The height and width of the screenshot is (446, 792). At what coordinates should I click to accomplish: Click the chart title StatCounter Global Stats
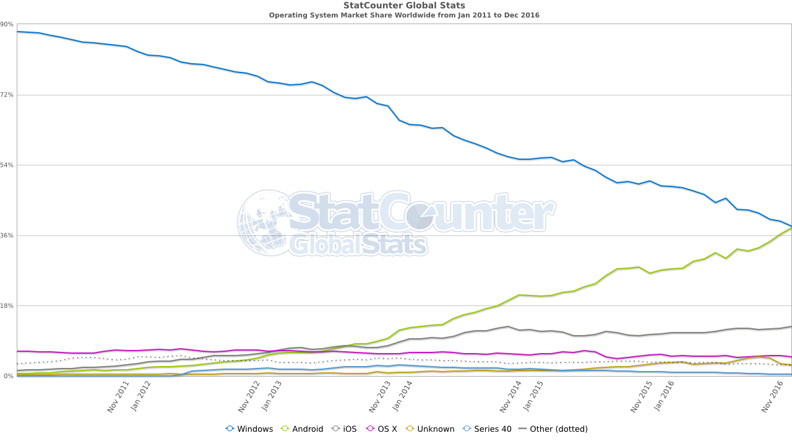point(404,6)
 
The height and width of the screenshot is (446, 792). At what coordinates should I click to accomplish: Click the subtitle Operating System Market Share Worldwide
point(404,15)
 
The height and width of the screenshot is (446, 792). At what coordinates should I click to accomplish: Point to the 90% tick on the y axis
point(7,24)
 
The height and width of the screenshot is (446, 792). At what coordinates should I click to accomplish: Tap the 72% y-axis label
point(7,95)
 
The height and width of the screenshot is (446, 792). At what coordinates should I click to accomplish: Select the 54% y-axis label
point(7,165)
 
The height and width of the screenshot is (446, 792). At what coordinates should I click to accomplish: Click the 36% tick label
point(7,235)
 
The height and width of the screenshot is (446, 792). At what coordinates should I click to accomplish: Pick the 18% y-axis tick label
point(7,306)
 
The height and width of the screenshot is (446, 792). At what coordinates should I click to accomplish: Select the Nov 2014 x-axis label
point(511,397)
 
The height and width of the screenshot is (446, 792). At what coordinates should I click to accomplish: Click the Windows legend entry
point(249,429)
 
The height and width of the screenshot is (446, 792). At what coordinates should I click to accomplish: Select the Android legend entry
point(303,429)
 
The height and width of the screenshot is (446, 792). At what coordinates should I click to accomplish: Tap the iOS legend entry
point(345,429)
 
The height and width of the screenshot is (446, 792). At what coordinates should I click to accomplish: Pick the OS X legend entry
point(382,429)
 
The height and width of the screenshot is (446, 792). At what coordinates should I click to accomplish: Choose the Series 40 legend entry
point(487,429)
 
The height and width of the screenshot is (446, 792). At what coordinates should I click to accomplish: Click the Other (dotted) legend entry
point(553,429)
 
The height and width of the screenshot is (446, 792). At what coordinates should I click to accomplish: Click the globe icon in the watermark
point(263,222)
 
